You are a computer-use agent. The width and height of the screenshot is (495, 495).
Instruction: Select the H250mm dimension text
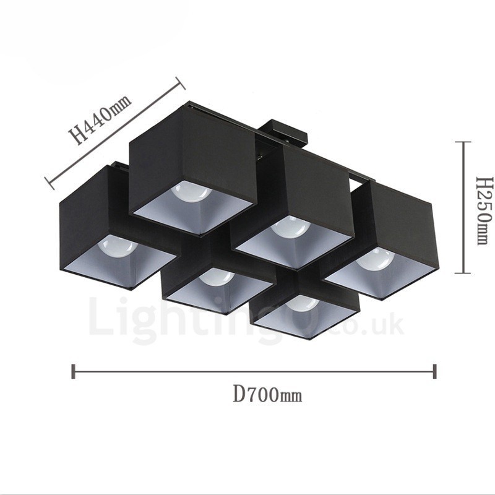tap(483, 209)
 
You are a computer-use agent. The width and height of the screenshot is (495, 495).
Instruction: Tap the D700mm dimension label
tap(267, 394)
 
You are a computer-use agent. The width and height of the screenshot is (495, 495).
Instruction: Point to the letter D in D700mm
tap(239, 394)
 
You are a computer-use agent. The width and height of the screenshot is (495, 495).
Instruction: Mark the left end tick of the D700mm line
tap(74, 371)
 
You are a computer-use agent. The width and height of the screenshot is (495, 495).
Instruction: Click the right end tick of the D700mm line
tap(435, 371)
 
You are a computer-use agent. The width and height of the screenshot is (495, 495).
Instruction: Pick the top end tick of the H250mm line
tap(463, 142)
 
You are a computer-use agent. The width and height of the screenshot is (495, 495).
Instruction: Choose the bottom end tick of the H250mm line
tap(463, 272)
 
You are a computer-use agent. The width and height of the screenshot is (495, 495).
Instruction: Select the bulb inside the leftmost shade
tap(118, 246)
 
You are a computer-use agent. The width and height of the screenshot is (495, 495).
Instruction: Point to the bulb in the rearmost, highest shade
tap(191, 191)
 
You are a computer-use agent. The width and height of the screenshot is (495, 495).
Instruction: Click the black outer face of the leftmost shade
tap(84, 217)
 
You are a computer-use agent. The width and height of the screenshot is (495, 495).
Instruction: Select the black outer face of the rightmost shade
tap(402, 223)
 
